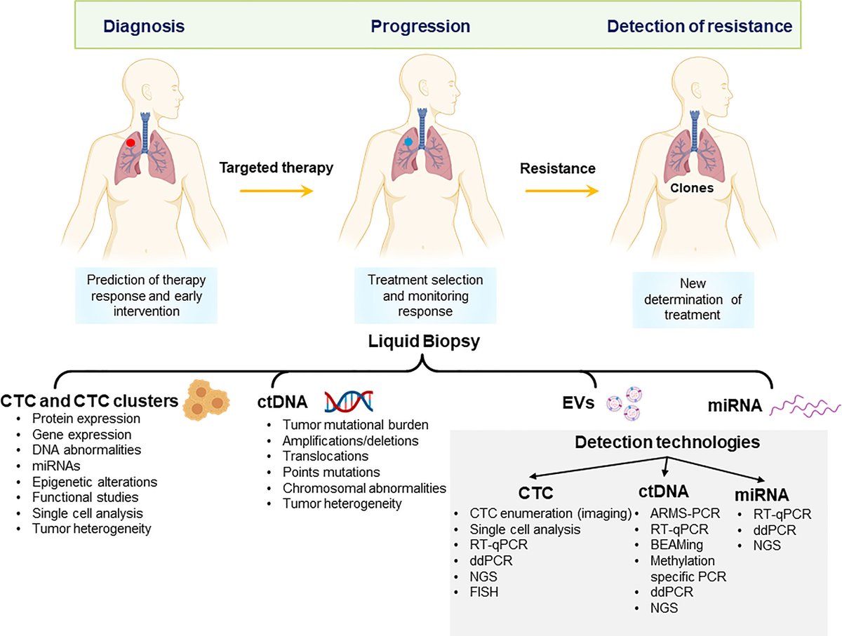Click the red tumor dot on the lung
tap(131, 142)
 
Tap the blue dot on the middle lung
tap(409, 142)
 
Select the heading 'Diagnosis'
tap(144, 27)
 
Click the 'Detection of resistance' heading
tap(699, 27)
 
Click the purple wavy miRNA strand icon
tap(805, 406)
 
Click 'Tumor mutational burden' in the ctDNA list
tap(355, 425)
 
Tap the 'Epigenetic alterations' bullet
tap(95, 482)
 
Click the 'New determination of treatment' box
tap(693, 300)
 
